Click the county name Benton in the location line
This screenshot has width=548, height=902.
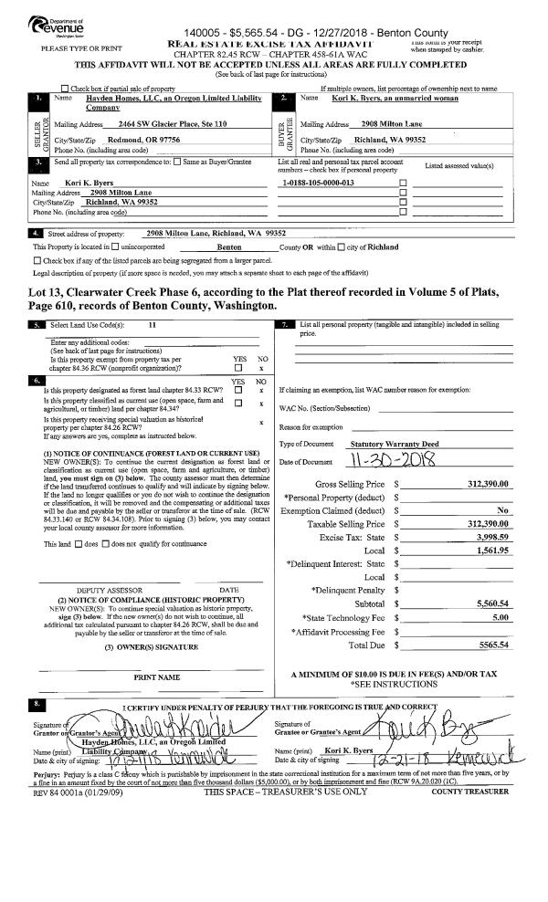228,246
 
